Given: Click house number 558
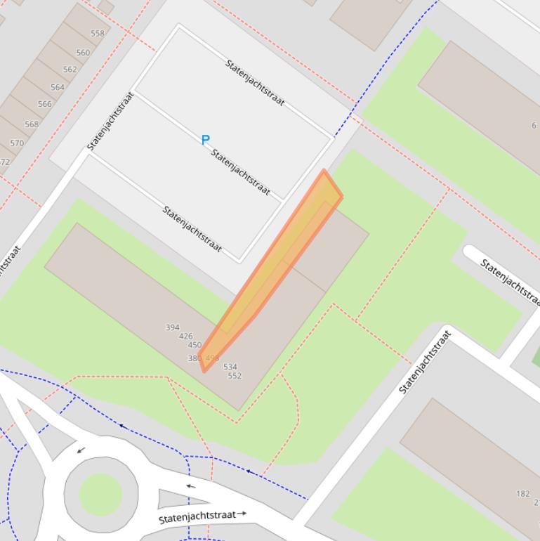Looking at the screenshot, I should (97, 33).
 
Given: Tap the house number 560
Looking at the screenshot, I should (83, 52).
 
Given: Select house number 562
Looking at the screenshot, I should (70, 70).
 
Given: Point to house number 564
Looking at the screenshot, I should (57, 88).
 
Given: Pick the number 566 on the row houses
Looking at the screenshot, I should (44, 104).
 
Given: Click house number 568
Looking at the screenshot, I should (32, 124).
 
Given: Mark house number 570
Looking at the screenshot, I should (17, 143).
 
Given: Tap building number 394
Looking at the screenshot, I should (172, 327).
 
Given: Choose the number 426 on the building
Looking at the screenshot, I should (185, 337).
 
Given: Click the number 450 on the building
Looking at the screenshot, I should (195, 345).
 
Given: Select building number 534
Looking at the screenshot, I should (230, 367).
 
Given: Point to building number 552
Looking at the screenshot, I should (235, 376).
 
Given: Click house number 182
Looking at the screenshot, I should (522, 494).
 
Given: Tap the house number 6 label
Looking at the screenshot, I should (534, 126).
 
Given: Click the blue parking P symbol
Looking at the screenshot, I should (205, 140).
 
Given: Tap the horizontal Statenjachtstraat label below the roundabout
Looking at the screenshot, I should (197, 516).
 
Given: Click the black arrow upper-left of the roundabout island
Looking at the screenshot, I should (81, 450).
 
